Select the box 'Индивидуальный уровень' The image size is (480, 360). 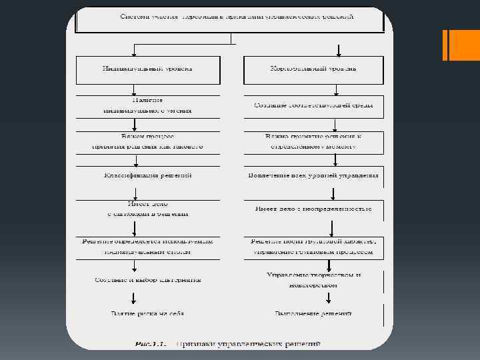[x=147, y=69]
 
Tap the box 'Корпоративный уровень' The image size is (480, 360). [x=313, y=69]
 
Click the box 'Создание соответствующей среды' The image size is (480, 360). [x=313, y=105]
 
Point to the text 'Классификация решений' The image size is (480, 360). [x=147, y=175]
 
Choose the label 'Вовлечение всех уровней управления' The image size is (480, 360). [x=313, y=175]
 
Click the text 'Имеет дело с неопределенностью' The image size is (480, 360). [x=313, y=209]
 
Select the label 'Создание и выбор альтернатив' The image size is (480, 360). [x=147, y=279]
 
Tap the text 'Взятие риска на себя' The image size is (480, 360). [x=147, y=313]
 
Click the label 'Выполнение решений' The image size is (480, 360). [x=313, y=313]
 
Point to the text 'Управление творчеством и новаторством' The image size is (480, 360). [x=313, y=279]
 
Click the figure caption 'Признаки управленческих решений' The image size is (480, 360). [x=248, y=344]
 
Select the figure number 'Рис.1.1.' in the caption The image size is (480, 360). [x=151, y=344]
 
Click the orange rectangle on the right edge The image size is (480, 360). [x=455, y=45]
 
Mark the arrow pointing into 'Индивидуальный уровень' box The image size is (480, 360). [x=135, y=51]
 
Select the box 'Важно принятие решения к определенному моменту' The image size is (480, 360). [x=313, y=141]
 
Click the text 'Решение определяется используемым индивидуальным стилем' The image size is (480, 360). [x=147, y=247]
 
